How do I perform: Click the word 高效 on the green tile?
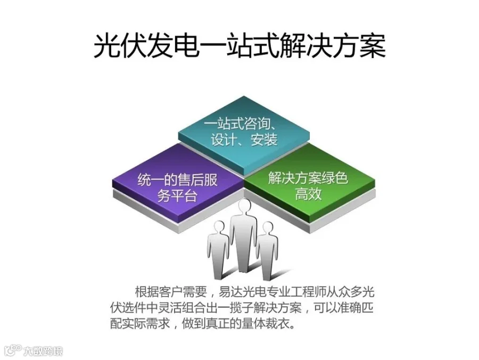point(308,193)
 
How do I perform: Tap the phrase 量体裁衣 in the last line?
point(271,324)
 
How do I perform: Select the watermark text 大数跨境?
point(43,351)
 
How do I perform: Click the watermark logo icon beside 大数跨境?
point(12,350)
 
